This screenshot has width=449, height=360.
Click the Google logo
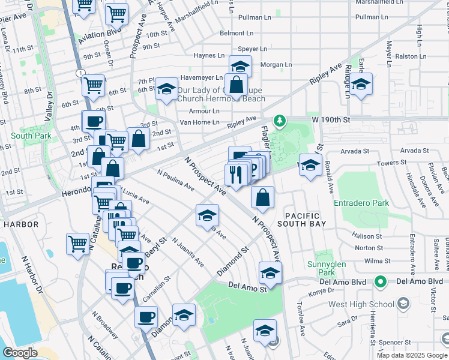[20, 353]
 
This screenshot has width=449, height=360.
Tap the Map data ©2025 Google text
[412, 355]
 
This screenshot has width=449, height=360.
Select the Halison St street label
[367, 236]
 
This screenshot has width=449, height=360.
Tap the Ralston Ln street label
[408, 56]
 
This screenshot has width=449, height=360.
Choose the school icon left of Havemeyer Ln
[166, 89]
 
